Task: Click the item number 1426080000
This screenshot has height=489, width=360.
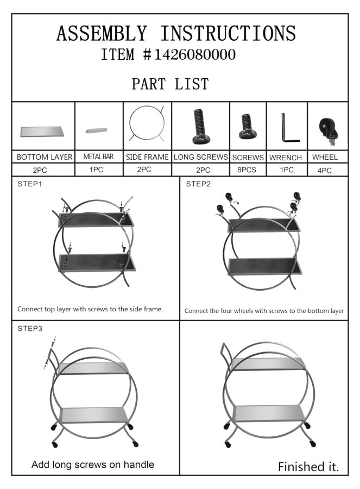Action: click(x=194, y=54)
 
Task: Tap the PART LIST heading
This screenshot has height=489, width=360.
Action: click(x=170, y=84)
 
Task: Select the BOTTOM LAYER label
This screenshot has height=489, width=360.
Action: click(x=45, y=157)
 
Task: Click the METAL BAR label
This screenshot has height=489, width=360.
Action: click(x=98, y=156)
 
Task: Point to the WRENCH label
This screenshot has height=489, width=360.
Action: click(x=286, y=158)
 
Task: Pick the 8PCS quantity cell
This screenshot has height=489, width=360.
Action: click(x=247, y=170)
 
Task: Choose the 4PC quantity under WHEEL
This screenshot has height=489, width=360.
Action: click(x=324, y=171)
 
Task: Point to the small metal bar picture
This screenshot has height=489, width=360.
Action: click(x=96, y=130)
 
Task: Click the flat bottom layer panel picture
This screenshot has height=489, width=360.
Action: click(x=42, y=131)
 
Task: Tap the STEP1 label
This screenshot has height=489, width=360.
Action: click(x=30, y=184)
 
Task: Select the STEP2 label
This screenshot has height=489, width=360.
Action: click(x=198, y=184)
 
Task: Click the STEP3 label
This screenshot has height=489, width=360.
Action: click(x=30, y=328)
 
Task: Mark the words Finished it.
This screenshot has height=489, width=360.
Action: click(x=308, y=467)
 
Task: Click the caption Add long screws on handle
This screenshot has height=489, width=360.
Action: click(x=93, y=465)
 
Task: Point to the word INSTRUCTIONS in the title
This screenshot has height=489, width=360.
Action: click(x=228, y=34)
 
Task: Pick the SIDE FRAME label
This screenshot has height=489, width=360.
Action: click(x=147, y=157)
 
